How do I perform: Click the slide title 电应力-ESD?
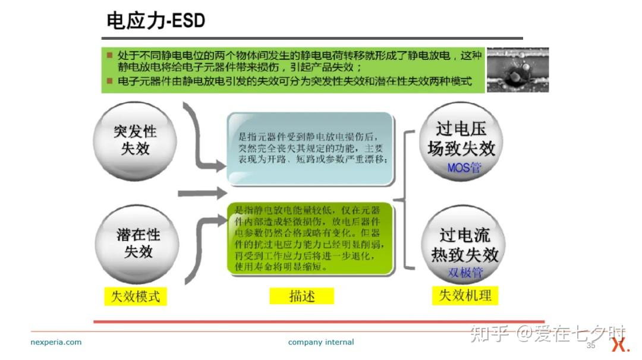point(156,21)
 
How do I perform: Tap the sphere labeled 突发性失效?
point(135,141)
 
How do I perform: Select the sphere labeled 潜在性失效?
point(137,244)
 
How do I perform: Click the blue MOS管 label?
point(464,168)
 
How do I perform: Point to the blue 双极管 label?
point(465,273)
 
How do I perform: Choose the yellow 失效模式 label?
point(136,296)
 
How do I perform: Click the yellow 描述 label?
point(302,296)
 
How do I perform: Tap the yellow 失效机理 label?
point(465,295)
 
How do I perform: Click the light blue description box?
point(310,149)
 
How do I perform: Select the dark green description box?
point(310,238)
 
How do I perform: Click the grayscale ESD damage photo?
point(518,70)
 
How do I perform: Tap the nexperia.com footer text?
point(56,342)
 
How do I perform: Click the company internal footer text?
point(321,342)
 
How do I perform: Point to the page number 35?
point(591,345)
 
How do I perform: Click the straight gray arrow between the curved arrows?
point(202,193)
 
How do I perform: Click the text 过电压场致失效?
point(461,138)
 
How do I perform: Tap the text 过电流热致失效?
point(465,245)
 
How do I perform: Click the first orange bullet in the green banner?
point(109,55)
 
